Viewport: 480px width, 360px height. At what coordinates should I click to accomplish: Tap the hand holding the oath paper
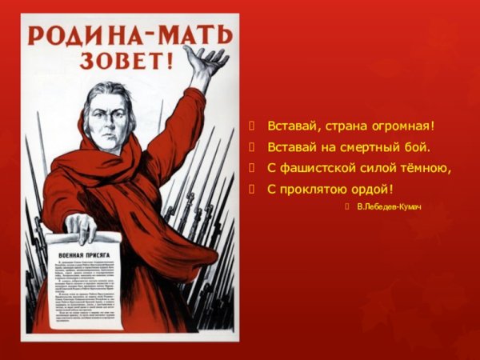[81, 226]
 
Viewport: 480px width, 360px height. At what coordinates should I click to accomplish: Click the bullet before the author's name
[346, 208]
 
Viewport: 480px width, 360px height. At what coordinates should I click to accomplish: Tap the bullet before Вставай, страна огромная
[253, 126]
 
